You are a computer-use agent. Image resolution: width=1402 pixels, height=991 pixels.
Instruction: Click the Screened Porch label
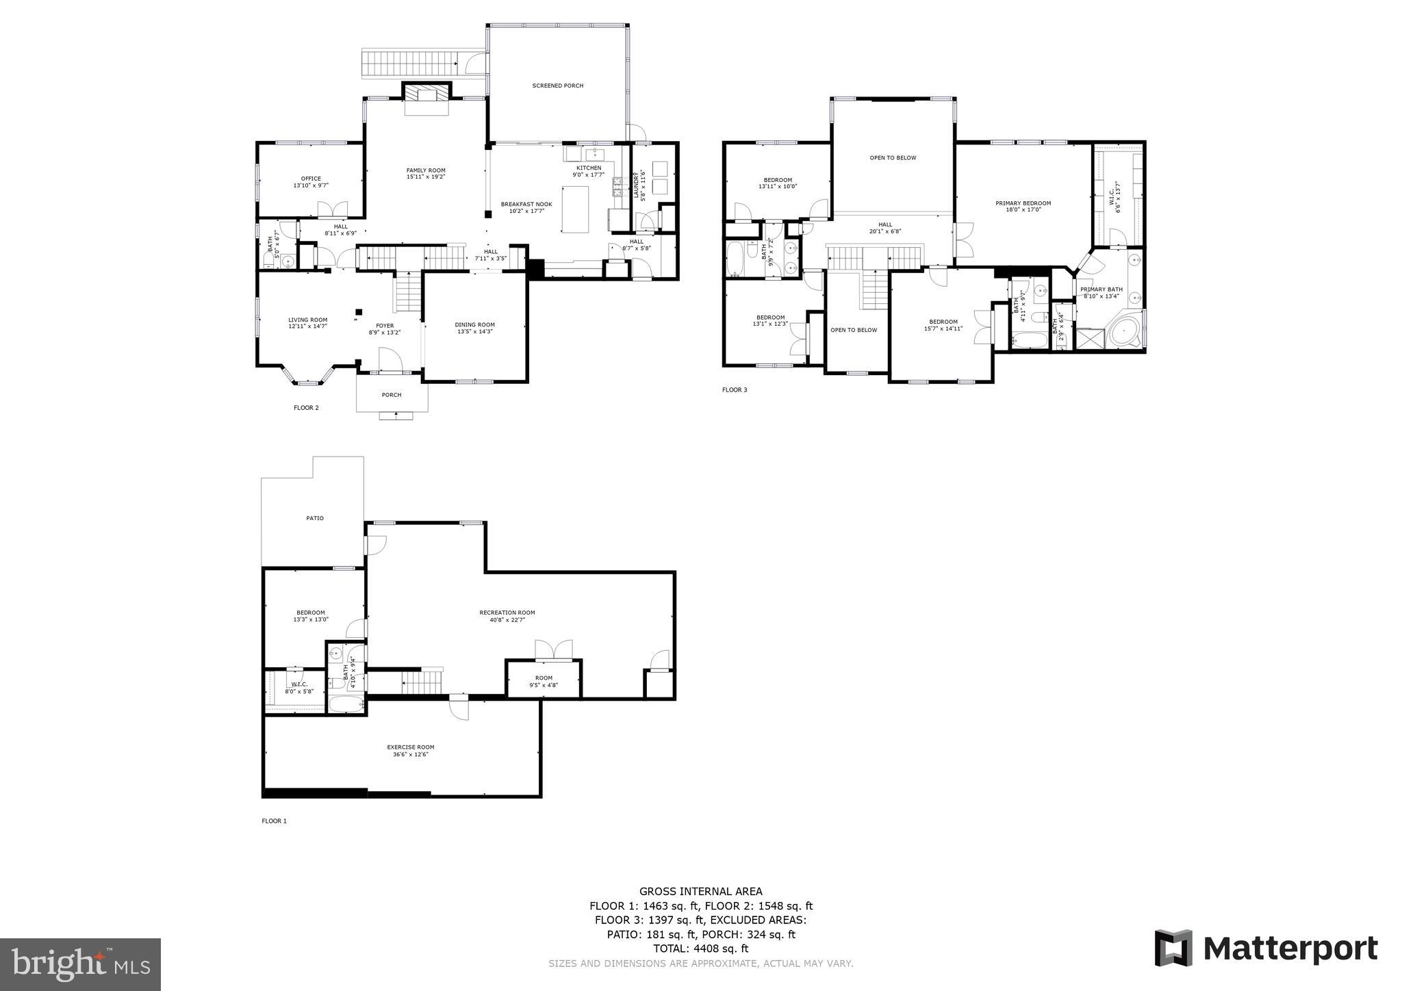pyautogui.click(x=558, y=86)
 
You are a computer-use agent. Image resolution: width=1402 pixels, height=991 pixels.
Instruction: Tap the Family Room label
pyautogui.click(x=426, y=173)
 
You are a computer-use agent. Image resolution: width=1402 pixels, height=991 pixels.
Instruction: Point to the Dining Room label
pyautogui.click(x=474, y=328)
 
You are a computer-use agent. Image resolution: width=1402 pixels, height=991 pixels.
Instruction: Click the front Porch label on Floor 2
pyautogui.click(x=392, y=395)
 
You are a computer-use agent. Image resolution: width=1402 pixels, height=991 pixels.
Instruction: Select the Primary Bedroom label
pyautogui.click(x=1023, y=206)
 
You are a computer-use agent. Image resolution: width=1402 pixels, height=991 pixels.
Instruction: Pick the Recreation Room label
pyautogui.click(x=507, y=616)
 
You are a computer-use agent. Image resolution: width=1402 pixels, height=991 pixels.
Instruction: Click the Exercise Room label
pyautogui.click(x=411, y=750)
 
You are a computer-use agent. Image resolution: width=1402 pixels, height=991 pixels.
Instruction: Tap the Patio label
pyautogui.click(x=315, y=518)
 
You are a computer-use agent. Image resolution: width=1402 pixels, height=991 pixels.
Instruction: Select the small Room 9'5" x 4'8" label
pyautogui.click(x=544, y=681)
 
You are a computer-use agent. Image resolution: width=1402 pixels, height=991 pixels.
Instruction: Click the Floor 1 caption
pyautogui.click(x=274, y=821)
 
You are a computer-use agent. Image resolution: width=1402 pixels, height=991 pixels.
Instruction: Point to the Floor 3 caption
pyautogui.click(x=735, y=390)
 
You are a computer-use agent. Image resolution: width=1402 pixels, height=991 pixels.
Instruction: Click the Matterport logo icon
pyautogui.click(x=1173, y=949)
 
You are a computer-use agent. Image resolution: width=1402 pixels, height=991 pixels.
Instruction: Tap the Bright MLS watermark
pyautogui.click(x=81, y=965)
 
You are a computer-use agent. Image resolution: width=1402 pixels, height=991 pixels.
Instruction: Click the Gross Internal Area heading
pyautogui.click(x=700, y=891)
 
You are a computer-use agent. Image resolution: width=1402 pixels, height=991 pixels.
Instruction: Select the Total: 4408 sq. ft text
pyautogui.click(x=700, y=949)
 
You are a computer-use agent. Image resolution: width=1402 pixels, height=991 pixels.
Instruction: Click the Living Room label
pyautogui.click(x=307, y=322)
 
